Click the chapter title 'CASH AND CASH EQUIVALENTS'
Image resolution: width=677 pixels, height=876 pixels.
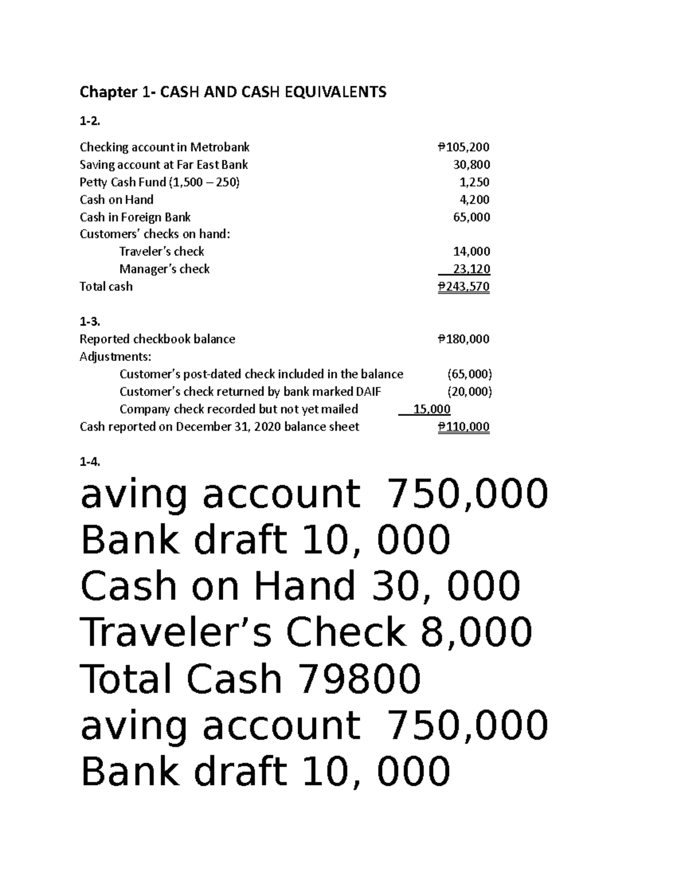point(233,92)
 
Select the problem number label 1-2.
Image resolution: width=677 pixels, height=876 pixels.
point(89,121)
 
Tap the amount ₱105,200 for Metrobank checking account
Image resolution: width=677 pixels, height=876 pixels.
point(463,148)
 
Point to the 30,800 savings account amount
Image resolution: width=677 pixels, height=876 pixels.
point(472,165)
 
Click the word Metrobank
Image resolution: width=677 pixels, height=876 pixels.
point(219,148)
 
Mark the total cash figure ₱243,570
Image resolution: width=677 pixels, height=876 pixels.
point(463,287)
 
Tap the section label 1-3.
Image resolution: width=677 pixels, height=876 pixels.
point(90,322)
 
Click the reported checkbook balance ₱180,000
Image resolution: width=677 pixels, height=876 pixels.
point(463,339)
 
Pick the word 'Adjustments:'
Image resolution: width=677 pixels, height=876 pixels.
point(115,356)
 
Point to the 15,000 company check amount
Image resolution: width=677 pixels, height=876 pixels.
point(432,409)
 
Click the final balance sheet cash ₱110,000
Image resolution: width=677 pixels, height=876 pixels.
point(463,426)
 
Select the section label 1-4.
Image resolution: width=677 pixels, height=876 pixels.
point(90,462)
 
